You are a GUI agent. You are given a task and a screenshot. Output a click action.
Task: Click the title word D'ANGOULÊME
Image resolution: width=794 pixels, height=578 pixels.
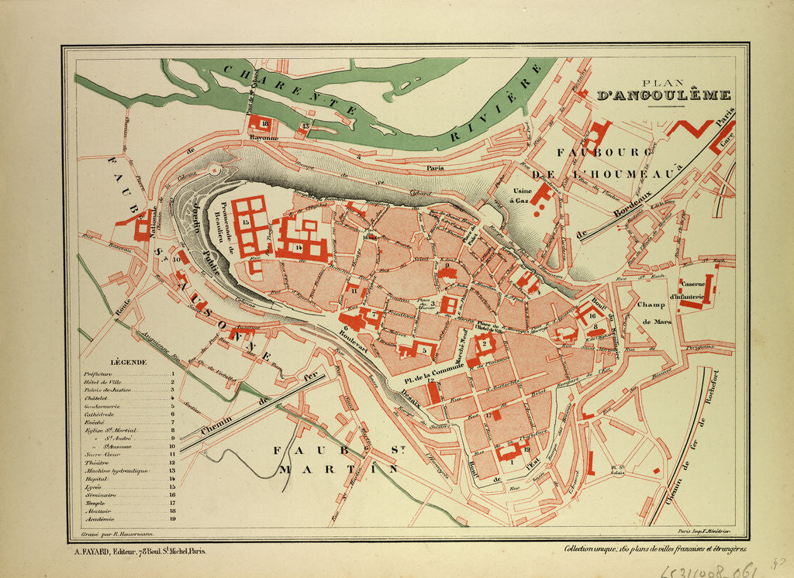664,96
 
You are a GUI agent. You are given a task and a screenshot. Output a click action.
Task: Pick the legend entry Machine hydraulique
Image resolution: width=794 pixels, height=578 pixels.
109,471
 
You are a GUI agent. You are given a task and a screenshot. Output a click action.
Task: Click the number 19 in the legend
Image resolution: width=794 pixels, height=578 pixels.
173,520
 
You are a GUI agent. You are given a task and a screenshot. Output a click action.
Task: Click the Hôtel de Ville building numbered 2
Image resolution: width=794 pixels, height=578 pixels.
485,343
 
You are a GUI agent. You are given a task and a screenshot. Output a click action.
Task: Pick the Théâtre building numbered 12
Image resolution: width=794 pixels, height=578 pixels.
433,393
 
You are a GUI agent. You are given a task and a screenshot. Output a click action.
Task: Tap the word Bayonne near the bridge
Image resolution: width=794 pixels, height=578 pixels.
264,139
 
